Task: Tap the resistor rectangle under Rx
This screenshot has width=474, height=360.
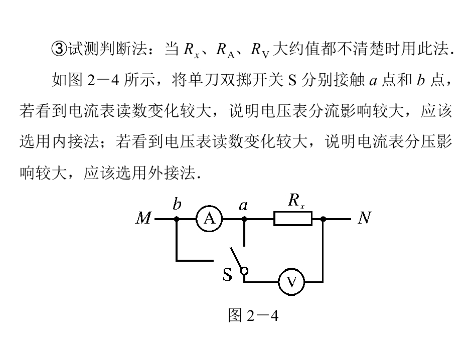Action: pos(293,219)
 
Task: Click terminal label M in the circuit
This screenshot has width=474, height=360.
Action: pos(144,219)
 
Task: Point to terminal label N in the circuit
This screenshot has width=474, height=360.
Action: pos(364,218)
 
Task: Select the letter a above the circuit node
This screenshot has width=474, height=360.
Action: pos(244,205)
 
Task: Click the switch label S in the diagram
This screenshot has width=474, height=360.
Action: pos(228,275)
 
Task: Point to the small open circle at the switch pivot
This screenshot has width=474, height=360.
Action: pos(244,271)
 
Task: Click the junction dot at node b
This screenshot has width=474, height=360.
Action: pos(177,219)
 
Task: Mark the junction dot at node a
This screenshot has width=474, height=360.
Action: pos(244,219)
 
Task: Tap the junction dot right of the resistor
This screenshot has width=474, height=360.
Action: pos(323,219)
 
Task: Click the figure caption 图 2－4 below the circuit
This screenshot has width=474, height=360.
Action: pos(253,316)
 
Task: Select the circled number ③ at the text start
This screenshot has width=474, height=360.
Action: pos(59,49)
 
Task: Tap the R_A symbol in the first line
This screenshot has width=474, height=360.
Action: pos(223,49)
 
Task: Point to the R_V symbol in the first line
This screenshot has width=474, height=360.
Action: pos(260,49)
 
